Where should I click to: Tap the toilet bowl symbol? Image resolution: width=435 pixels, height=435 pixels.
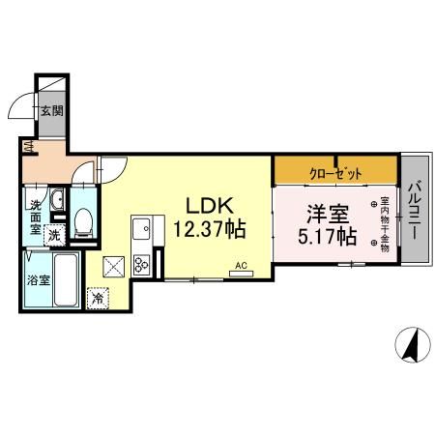[x=83, y=223]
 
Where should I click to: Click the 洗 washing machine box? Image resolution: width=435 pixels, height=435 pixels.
[x=55, y=235]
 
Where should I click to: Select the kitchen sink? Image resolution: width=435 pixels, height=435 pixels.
[x=143, y=229]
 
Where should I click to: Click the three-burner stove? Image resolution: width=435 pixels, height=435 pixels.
[x=143, y=262]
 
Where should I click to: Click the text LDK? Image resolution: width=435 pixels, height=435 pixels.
[x=208, y=206]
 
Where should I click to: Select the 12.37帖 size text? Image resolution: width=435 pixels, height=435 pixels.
[x=208, y=230]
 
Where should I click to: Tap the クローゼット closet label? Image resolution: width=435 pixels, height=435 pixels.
[x=336, y=174]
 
